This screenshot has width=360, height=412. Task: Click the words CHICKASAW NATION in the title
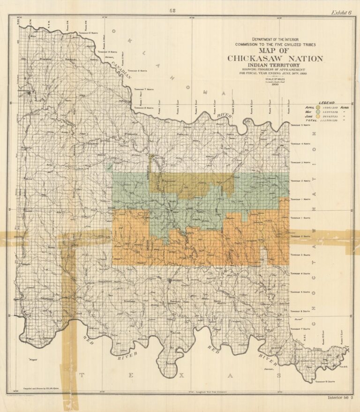click(x=275, y=59)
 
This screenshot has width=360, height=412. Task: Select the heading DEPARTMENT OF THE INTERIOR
click(x=275, y=39)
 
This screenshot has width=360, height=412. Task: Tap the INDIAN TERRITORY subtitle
click(x=275, y=67)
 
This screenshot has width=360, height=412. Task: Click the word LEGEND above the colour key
click(x=328, y=102)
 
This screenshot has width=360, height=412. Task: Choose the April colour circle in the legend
click(x=318, y=107)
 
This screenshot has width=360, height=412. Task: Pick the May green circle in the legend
click(x=318, y=112)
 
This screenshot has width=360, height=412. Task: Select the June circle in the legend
click(x=318, y=116)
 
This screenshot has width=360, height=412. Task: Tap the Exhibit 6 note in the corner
click(x=342, y=13)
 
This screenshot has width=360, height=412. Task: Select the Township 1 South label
click(x=299, y=218)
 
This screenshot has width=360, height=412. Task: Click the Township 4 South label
click(x=299, y=274)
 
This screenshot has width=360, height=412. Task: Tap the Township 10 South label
click(x=326, y=382)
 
